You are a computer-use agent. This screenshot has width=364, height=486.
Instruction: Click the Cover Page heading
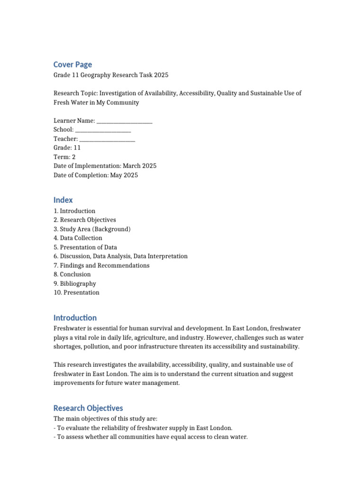pyautogui.click(x=73, y=65)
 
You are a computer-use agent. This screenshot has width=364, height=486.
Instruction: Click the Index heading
pyautogui.click(x=63, y=200)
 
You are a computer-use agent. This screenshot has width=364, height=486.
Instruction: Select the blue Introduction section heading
pyautogui.click(x=75, y=318)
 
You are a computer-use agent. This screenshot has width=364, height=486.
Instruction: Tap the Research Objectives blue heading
pyautogui.click(x=88, y=408)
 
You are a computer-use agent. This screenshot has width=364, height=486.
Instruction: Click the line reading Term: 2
pyautogui.click(x=64, y=157)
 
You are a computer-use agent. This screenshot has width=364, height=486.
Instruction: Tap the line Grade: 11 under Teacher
pyautogui.click(x=67, y=148)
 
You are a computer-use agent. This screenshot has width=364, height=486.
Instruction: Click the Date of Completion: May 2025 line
pyautogui.click(x=96, y=175)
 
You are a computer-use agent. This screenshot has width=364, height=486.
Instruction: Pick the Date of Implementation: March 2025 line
pyautogui.click(x=105, y=166)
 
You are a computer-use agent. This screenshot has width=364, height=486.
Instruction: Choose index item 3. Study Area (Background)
pyautogui.click(x=92, y=229)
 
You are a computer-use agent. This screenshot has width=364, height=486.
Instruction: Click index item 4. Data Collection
pyautogui.click(x=78, y=238)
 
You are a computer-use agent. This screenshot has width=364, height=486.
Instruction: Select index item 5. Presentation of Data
pyautogui.click(x=85, y=247)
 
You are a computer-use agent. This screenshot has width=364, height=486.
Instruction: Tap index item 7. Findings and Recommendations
pyautogui.click(x=101, y=265)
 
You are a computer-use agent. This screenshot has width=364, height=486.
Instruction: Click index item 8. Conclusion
pyautogui.click(x=72, y=274)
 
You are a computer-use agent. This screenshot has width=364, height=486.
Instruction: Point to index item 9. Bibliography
pyautogui.click(x=75, y=283)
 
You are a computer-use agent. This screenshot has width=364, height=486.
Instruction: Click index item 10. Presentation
pyautogui.click(x=76, y=292)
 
